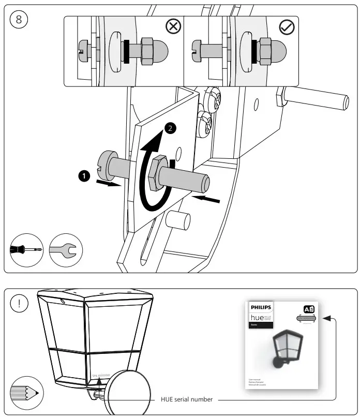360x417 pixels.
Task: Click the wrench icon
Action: [x=64, y=250]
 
